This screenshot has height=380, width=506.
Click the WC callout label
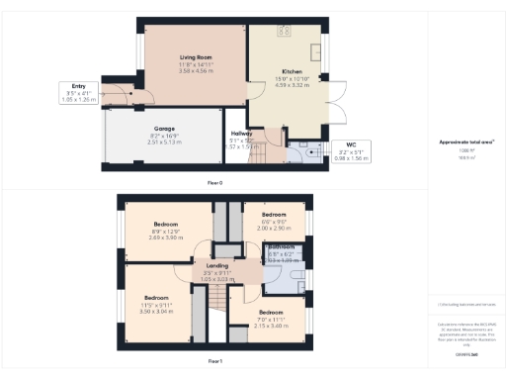tap(350, 144)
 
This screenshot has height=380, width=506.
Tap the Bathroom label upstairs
tap(280, 247)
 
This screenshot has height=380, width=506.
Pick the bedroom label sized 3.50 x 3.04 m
tap(157, 298)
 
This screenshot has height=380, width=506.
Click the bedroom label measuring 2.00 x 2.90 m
tap(273, 215)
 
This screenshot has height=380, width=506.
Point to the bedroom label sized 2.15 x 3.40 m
tap(269, 313)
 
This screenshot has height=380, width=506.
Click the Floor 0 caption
tap(213, 184)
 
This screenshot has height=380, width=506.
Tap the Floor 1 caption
tap(213, 362)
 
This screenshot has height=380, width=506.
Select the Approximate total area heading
tap(465, 142)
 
